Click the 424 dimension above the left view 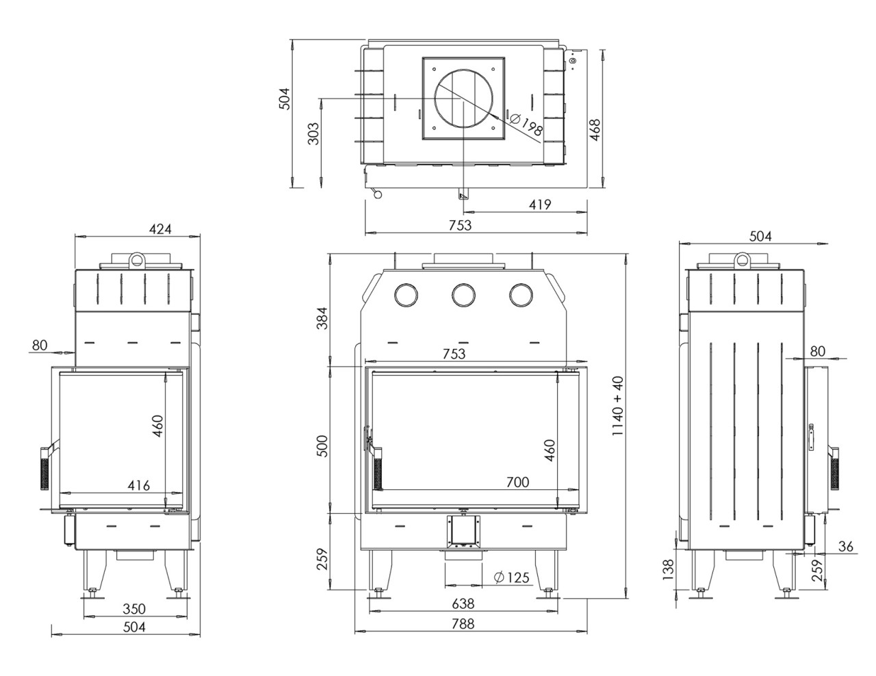pyautogui.click(x=161, y=229)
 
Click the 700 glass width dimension pyautogui.click(x=517, y=482)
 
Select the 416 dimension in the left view pyautogui.click(x=139, y=486)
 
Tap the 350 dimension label pyautogui.click(x=134, y=608)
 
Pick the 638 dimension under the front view pyautogui.click(x=463, y=604)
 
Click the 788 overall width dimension pyautogui.click(x=463, y=624)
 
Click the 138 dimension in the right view pyautogui.click(x=669, y=567)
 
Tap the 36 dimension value pyautogui.click(x=846, y=546)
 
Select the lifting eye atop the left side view pyautogui.click(x=137, y=260)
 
